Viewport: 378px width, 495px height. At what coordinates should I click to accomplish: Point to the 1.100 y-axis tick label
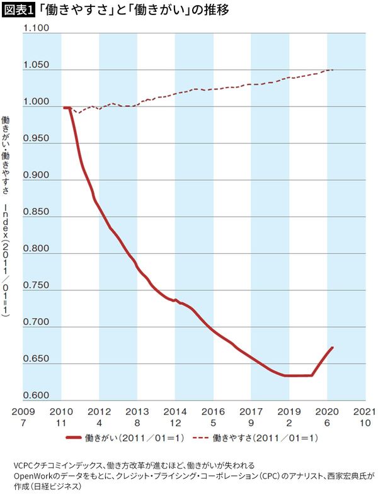[x=36, y=29]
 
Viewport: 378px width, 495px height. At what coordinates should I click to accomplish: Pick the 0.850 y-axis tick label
[x=36, y=212]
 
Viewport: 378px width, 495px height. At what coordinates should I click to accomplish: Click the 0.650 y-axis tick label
[x=36, y=360]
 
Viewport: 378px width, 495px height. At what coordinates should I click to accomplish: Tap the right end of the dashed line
[x=333, y=70]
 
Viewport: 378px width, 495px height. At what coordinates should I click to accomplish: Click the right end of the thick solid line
[x=332, y=348]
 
